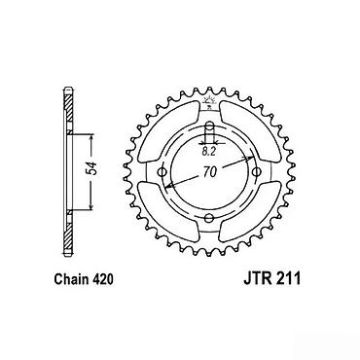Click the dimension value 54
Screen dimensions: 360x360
click(93, 168)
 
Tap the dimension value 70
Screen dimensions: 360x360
click(210, 172)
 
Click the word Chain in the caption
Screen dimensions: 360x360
click(69, 279)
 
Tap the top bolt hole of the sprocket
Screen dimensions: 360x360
click(210, 126)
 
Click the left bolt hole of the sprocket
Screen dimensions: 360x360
click(162, 171)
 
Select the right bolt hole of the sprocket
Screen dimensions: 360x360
click(257, 171)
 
